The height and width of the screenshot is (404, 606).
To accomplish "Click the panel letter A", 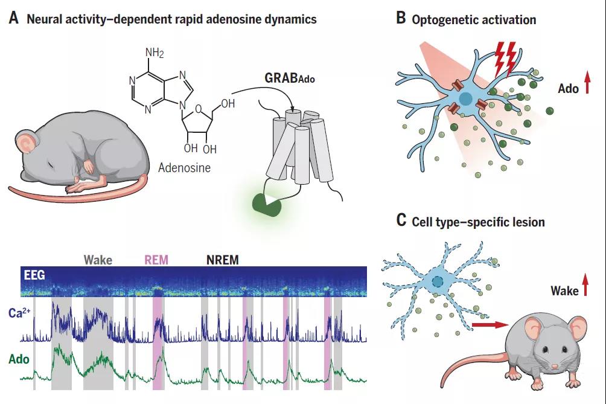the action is [x=13, y=18].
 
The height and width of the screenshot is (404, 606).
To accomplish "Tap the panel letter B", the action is [x=401, y=18].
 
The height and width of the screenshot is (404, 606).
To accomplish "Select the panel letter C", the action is [x=401, y=220].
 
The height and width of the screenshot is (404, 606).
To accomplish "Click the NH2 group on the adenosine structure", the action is [x=155, y=53].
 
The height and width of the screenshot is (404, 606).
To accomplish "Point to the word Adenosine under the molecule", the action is [x=184, y=167].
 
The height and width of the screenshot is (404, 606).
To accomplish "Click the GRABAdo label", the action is [x=290, y=78].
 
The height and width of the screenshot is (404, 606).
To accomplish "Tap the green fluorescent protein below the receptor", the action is [x=267, y=204].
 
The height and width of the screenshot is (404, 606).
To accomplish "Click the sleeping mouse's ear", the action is [x=27, y=143].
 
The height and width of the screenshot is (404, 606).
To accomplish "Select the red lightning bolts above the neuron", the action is [x=506, y=58].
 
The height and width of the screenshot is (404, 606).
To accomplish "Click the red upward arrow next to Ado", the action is [x=587, y=82].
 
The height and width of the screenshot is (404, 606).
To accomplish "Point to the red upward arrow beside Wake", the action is [x=585, y=284].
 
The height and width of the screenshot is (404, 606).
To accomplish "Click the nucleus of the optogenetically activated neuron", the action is [x=466, y=99].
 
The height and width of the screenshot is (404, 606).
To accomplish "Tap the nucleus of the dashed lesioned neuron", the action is [x=438, y=281].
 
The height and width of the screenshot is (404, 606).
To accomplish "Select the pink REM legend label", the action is [x=156, y=260].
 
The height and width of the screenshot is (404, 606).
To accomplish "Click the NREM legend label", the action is [x=222, y=260].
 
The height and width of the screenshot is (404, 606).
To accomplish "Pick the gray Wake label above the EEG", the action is [x=98, y=260].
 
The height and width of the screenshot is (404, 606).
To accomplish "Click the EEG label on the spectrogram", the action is [x=34, y=275].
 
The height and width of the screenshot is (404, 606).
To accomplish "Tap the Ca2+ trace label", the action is [x=19, y=312].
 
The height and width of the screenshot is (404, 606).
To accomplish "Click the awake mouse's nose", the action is [x=555, y=366].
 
